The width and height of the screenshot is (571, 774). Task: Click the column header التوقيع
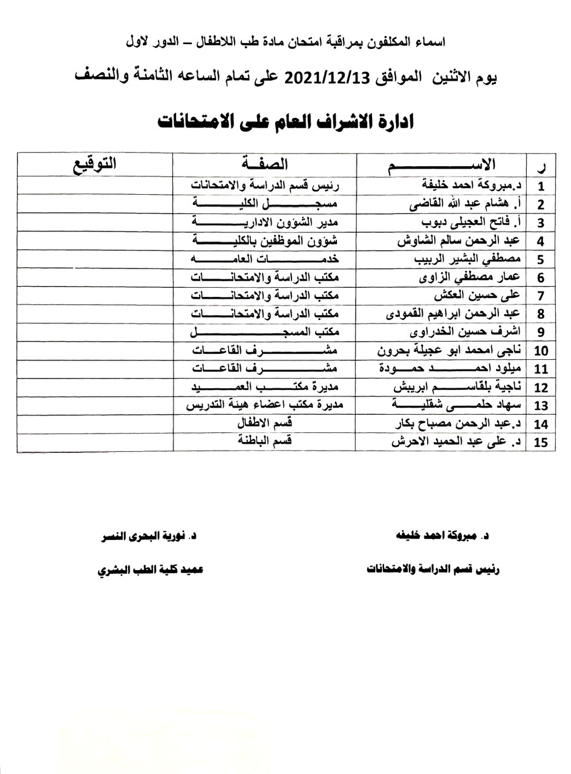[x=95, y=163]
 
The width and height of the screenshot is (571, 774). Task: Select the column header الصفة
[x=264, y=163]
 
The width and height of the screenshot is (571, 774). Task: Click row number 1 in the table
[x=540, y=186]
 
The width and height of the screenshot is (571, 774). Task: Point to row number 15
[x=540, y=442]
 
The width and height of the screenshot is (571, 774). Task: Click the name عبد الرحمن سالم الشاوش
[x=460, y=241]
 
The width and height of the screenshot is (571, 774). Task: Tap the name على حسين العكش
[x=478, y=296]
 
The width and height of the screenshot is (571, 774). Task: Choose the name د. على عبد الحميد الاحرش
[x=457, y=442]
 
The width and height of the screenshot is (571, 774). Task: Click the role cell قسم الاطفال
[x=266, y=423]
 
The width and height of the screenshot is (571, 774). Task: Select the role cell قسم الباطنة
[x=266, y=441]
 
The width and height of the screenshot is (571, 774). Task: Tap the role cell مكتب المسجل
[x=266, y=332]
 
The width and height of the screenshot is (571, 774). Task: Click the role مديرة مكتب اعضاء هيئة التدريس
[x=266, y=405]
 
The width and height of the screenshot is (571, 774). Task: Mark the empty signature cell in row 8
[x=95, y=314]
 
